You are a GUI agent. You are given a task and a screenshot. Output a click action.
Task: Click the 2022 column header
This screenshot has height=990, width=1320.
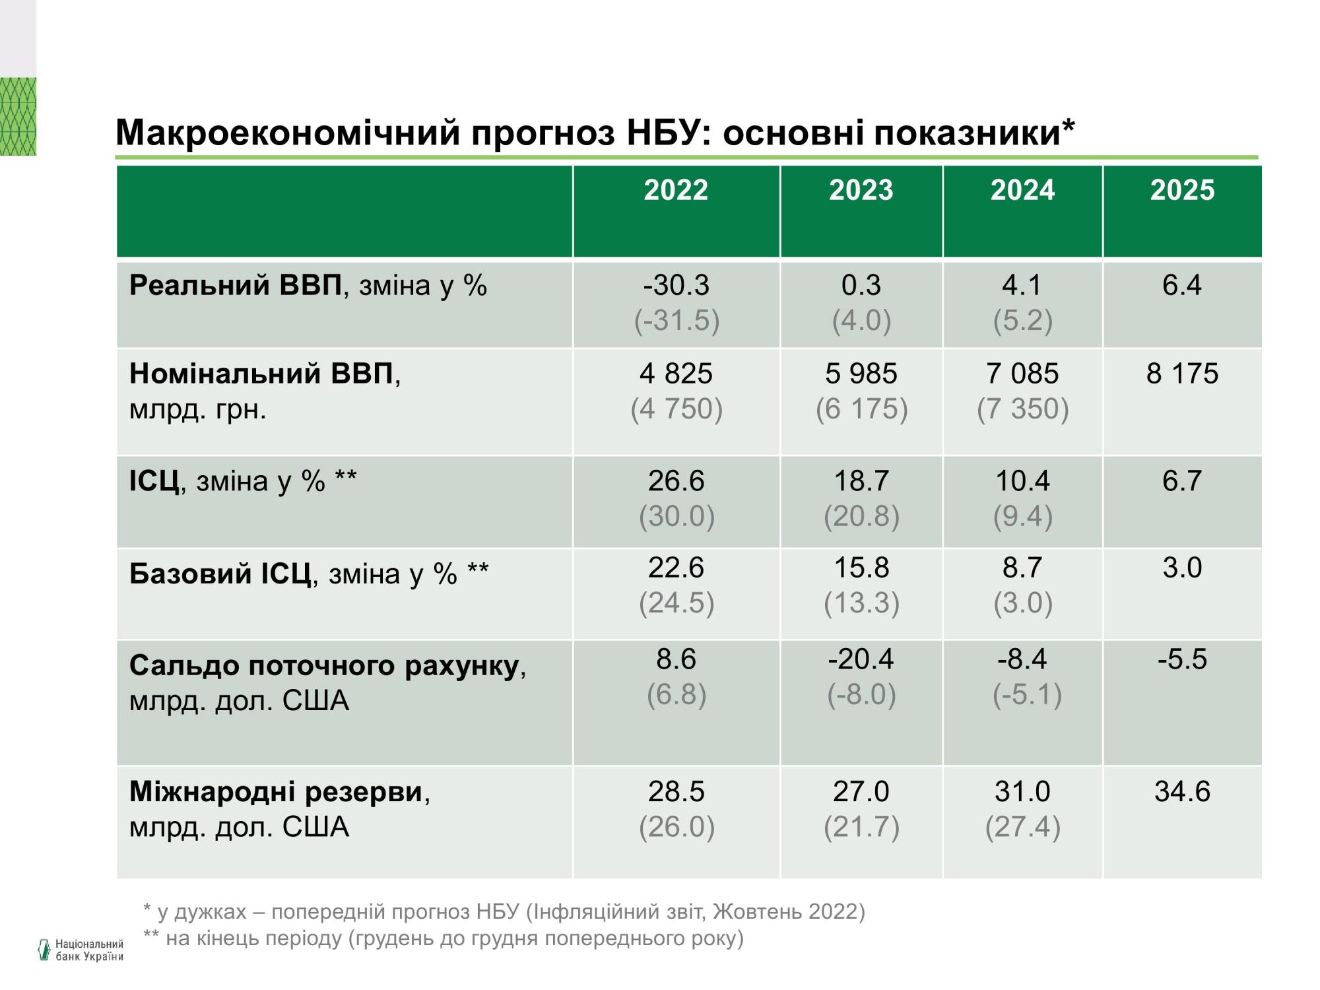[676, 190]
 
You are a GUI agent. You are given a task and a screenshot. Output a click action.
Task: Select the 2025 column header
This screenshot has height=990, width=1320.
[1182, 190]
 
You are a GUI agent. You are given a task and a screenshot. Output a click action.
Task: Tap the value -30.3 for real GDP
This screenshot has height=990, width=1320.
[676, 285]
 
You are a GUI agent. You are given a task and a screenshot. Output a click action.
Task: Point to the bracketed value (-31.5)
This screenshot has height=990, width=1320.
[676, 321]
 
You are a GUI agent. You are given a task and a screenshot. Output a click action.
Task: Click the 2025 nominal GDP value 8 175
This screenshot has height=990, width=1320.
[1182, 374]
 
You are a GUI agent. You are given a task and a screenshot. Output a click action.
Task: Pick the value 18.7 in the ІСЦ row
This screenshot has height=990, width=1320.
[861, 480]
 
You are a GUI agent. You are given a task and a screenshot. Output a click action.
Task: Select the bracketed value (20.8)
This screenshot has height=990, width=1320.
[861, 516]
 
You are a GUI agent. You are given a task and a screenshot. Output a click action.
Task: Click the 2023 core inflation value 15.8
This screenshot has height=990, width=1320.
[861, 568]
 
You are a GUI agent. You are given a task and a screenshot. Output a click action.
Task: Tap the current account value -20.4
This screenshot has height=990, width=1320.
[861, 659]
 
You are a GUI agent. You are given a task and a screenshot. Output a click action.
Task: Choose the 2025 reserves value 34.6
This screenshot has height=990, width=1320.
[1182, 791]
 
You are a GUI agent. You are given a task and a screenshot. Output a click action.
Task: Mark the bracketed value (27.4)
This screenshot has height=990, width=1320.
[1022, 827]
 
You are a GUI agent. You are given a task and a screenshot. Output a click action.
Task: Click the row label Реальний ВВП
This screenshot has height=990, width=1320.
[236, 285]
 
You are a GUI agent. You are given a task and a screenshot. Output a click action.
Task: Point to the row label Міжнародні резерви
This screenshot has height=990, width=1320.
[276, 791]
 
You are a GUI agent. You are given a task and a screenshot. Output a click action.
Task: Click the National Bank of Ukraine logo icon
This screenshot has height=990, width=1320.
[44, 949]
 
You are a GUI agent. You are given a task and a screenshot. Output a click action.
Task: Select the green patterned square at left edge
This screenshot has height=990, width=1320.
[18, 116]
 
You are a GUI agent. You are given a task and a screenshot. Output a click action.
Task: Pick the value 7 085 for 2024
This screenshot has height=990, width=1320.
[1022, 374]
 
